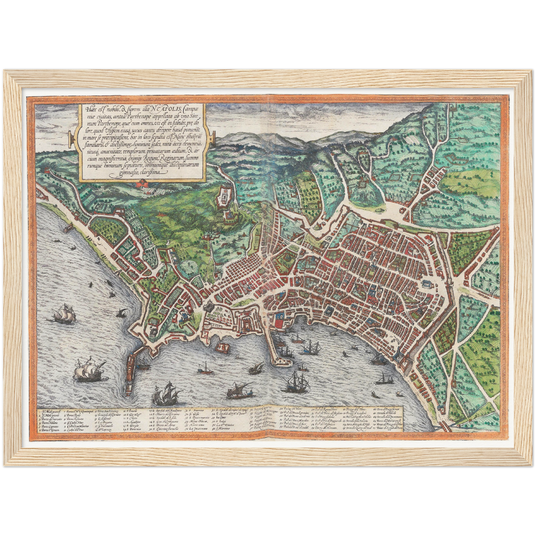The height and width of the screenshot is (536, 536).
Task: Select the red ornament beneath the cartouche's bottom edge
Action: coord(142,183)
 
